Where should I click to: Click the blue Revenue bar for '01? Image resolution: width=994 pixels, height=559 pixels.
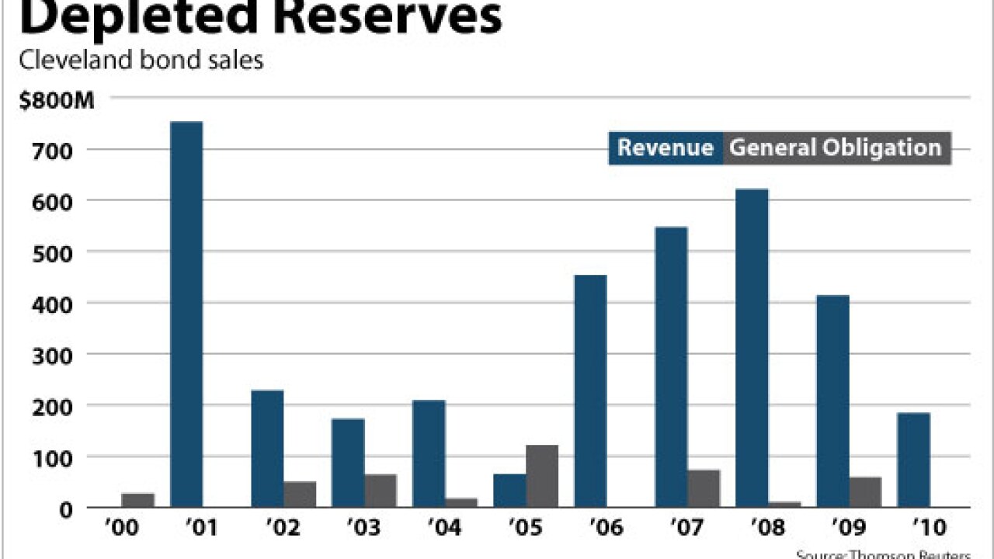(186, 314)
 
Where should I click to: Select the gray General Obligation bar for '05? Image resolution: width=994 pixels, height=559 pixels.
(542, 476)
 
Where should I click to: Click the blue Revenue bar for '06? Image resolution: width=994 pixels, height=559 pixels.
(590, 391)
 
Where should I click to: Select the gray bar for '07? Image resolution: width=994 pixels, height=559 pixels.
(704, 488)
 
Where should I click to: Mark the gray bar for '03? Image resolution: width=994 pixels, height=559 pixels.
(381, 491)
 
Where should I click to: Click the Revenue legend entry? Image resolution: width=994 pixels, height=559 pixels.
(666, 148)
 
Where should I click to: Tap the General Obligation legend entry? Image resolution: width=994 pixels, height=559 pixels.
(836, 148)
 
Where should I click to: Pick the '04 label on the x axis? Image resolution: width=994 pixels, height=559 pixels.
(443, 529)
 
